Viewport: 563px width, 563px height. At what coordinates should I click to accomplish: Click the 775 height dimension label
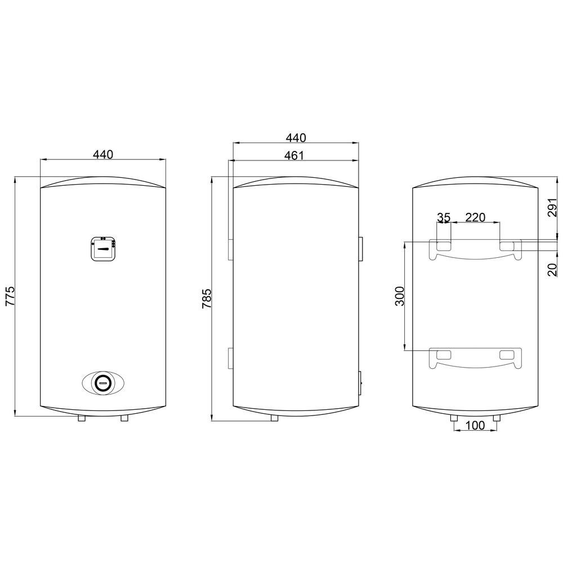click(x=10, y=296)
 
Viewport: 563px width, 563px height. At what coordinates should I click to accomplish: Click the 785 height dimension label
click(x=207, y=298)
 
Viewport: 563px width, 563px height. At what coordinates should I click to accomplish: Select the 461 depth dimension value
click(x=294, y=155)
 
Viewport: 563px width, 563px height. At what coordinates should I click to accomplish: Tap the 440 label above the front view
click(x=103, y=154)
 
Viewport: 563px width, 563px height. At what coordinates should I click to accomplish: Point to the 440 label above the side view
click(x=296, y=137)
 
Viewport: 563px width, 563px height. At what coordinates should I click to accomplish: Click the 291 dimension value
click(x=553, y=207)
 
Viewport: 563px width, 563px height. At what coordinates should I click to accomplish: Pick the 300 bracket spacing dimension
click(x=400, y=296)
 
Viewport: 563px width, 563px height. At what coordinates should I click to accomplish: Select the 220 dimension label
click(x=475, y=217)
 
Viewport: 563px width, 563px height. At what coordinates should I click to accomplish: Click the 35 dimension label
click(x=444, y=217)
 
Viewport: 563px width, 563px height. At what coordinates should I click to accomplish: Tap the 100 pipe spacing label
click(x=475, y=426)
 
